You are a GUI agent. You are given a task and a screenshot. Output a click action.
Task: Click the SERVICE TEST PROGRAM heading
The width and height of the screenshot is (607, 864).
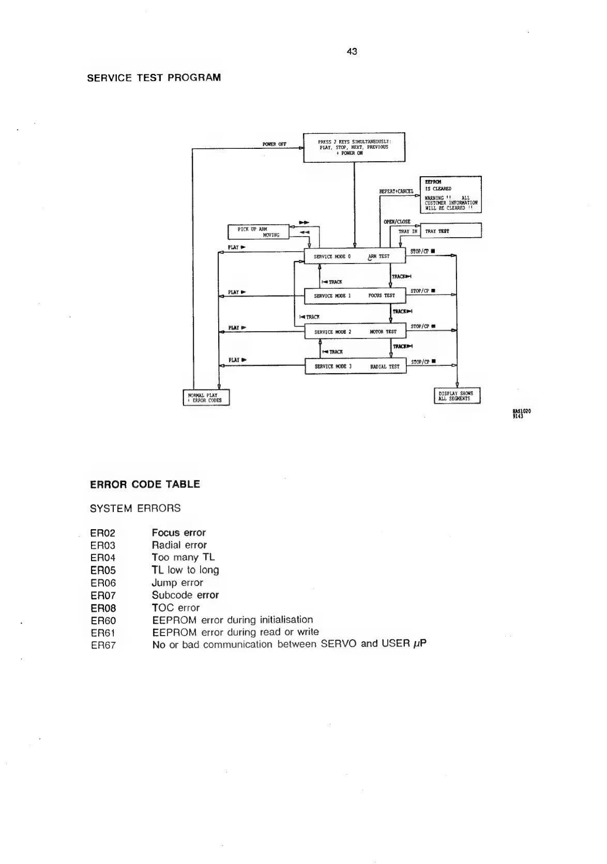tap(154, 78)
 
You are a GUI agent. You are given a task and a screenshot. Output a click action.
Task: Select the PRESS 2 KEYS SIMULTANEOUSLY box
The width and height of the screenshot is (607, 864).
tap(354, 147)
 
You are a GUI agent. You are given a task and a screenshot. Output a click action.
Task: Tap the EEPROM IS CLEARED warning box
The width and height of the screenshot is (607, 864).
tap(451, 194)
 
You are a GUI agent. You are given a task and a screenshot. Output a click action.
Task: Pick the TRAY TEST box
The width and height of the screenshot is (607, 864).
tap(451, 231)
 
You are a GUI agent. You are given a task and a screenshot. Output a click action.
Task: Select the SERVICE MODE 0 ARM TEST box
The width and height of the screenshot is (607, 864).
tap(355, 256)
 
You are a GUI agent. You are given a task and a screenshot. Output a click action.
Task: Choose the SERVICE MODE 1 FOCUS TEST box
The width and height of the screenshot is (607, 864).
tap(355, 296)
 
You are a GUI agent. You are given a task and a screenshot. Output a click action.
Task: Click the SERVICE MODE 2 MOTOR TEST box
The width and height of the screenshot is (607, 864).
tap(355, 332)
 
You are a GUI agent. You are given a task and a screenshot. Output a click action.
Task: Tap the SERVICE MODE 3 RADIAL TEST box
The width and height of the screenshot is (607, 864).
tap(355, 366)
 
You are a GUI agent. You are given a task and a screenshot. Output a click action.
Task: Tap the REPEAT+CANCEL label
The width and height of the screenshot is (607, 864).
tap(397, 191)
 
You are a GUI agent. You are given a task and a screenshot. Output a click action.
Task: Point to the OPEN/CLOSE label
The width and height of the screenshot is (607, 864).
tap(397, 222)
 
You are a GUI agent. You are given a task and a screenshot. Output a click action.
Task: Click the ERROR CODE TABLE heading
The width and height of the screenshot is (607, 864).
tap(145, 484)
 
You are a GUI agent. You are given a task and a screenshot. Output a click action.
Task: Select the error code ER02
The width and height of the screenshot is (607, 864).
tap(103, 533)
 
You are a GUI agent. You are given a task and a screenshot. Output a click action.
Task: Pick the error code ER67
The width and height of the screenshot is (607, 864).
tap(103, 645)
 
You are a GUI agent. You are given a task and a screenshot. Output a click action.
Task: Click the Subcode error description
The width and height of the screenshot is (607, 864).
tap(185, 595)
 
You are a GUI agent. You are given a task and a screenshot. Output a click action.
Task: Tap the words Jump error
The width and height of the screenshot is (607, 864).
tap(177, 583)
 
